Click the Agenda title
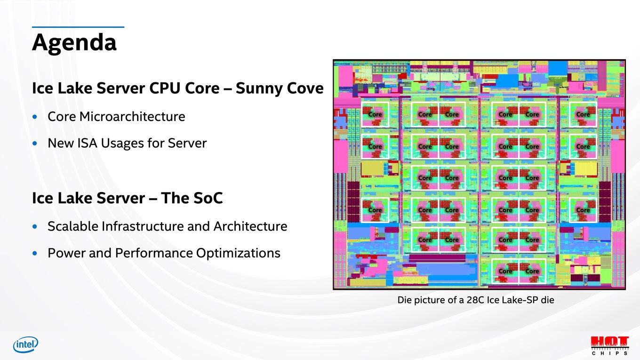point(74,43)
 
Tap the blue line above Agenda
point(78,27)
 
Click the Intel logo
point(25,344)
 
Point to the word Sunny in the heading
point(259,88)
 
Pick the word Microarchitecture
point(132,117)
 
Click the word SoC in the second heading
point(206,198)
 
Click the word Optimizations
point(238,253)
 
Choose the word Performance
point(153,253)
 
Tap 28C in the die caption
point(475,300)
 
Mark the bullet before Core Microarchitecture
point(35,117)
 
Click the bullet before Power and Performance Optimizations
point(35,253)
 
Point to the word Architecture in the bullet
point(250,226)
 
